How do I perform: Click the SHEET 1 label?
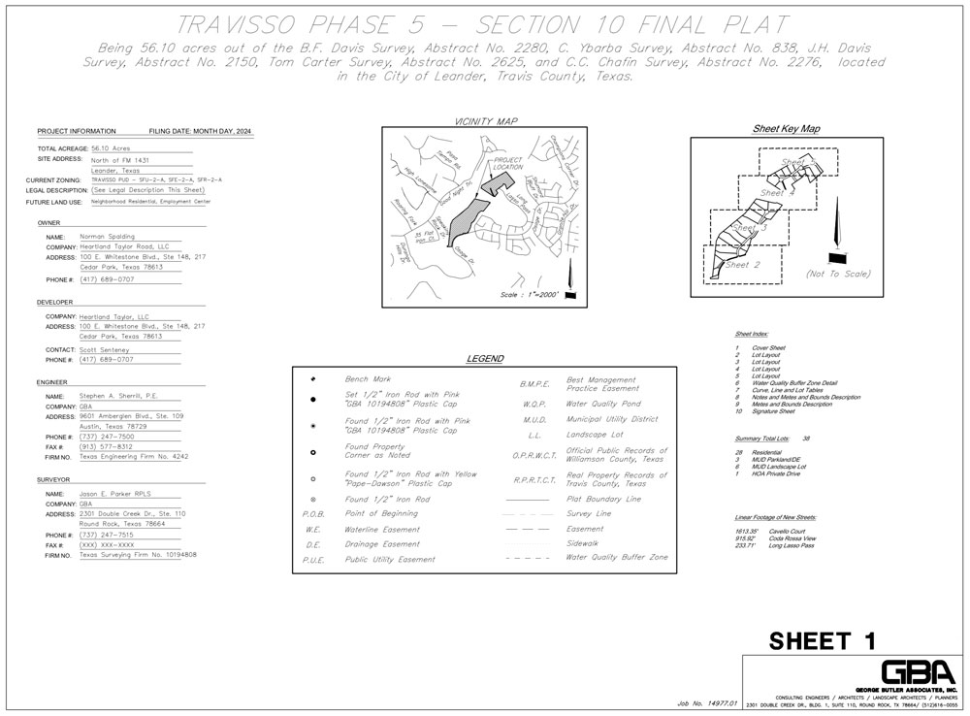[x=823, y=640]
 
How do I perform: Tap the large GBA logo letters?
[x=919, y=673]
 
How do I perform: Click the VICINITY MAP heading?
[x=486, y=121]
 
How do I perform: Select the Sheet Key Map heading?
[x=786, y=128]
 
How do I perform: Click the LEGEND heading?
[x=485, y=359]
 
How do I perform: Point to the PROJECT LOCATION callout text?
[x=508, y=163]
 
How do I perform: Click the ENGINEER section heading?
[x=52, y=382]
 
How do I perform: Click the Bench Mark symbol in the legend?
[x=313, y=378]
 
